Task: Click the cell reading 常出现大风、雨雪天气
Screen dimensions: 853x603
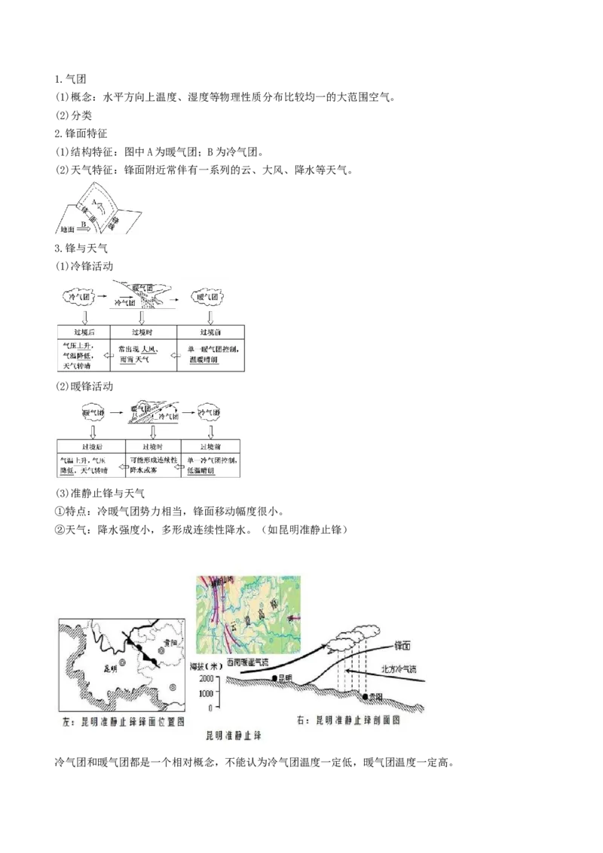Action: [x=142, y=355]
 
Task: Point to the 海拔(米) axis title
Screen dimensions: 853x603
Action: [x=205, y=665]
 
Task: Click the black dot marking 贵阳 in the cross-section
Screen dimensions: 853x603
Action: [x=366, y=697]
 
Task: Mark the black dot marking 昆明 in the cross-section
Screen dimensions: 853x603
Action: [x=275, y=679]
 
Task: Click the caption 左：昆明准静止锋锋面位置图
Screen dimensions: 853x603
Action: [x=124, y=720]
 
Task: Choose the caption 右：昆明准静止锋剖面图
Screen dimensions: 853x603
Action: [x=347, y=720]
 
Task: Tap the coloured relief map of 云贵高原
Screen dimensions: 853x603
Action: [x=248, y=614]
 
